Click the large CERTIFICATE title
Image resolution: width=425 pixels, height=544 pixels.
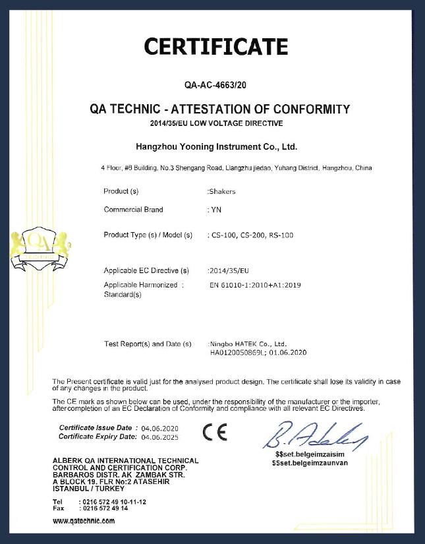coord(215,47)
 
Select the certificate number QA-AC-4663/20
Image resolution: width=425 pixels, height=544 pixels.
coord(216,85)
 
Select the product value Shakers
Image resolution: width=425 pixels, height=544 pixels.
coord(222,191)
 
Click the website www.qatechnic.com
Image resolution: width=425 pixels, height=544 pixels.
coord(84,520)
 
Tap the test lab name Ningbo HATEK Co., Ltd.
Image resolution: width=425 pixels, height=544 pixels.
coord(248,344)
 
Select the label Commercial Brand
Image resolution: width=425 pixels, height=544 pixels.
coord(133,210)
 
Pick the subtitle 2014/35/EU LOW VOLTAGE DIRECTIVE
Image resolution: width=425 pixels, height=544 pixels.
coord(216,123)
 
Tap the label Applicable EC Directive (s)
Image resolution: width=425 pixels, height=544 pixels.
coord(146,270)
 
